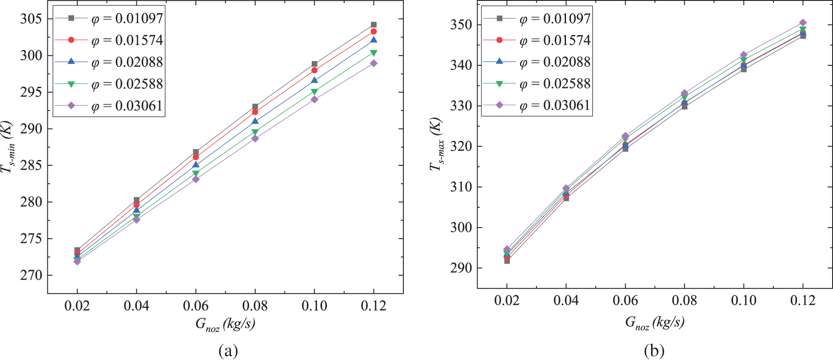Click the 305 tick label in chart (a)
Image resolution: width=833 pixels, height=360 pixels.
[31, 19]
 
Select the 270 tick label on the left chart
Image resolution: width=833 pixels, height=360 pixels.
[31, 275]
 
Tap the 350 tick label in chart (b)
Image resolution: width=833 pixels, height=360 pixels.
[461, 25]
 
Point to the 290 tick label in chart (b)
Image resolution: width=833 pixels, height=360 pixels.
[461, 268]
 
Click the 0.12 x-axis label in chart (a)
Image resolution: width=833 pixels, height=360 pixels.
[374, 306]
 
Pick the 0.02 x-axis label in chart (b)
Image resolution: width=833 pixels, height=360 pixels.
[507, 300]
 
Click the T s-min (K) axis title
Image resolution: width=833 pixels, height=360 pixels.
[8, 146]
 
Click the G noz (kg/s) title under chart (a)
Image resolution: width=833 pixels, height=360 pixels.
[225, 324]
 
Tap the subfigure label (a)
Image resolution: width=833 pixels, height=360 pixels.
[228, 351]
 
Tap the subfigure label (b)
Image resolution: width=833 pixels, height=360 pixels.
[654, 351]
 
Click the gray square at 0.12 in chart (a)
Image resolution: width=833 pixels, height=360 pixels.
[374, 25]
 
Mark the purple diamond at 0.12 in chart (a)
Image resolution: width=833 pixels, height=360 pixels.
[374, 63]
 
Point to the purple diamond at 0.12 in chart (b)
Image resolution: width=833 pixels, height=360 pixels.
[803, 22]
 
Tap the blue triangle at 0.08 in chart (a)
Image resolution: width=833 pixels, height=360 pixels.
[255, 121]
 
